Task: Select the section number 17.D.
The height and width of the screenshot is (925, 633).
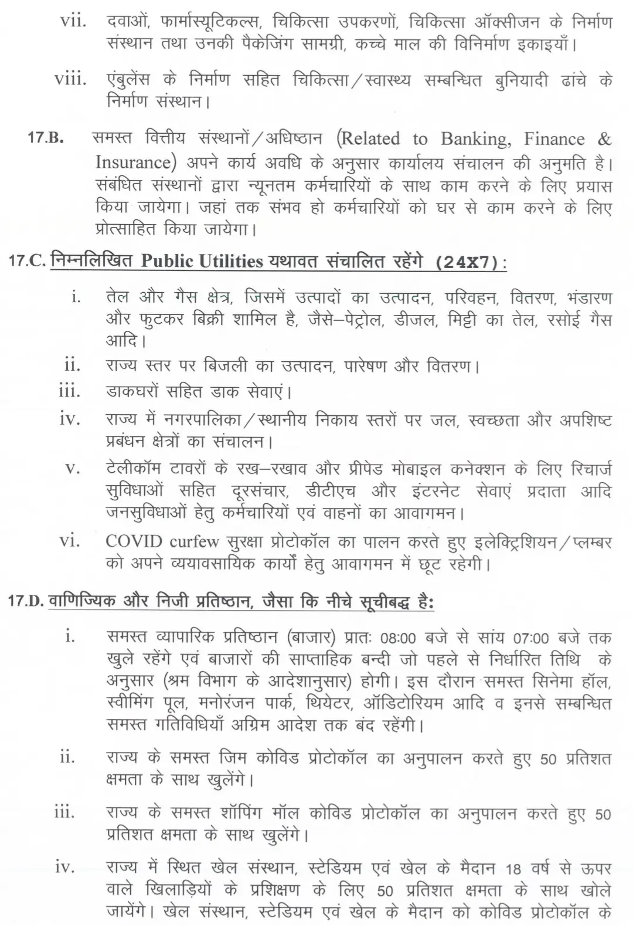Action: (x=27, y=602)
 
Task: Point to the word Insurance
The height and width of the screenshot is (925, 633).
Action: (x=132, y=162)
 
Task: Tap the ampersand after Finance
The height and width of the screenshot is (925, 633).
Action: (x=604, y=139)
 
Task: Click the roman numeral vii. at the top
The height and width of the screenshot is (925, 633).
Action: (x=73, y=22)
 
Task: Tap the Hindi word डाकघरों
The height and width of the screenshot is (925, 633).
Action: (x=130, y=391)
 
